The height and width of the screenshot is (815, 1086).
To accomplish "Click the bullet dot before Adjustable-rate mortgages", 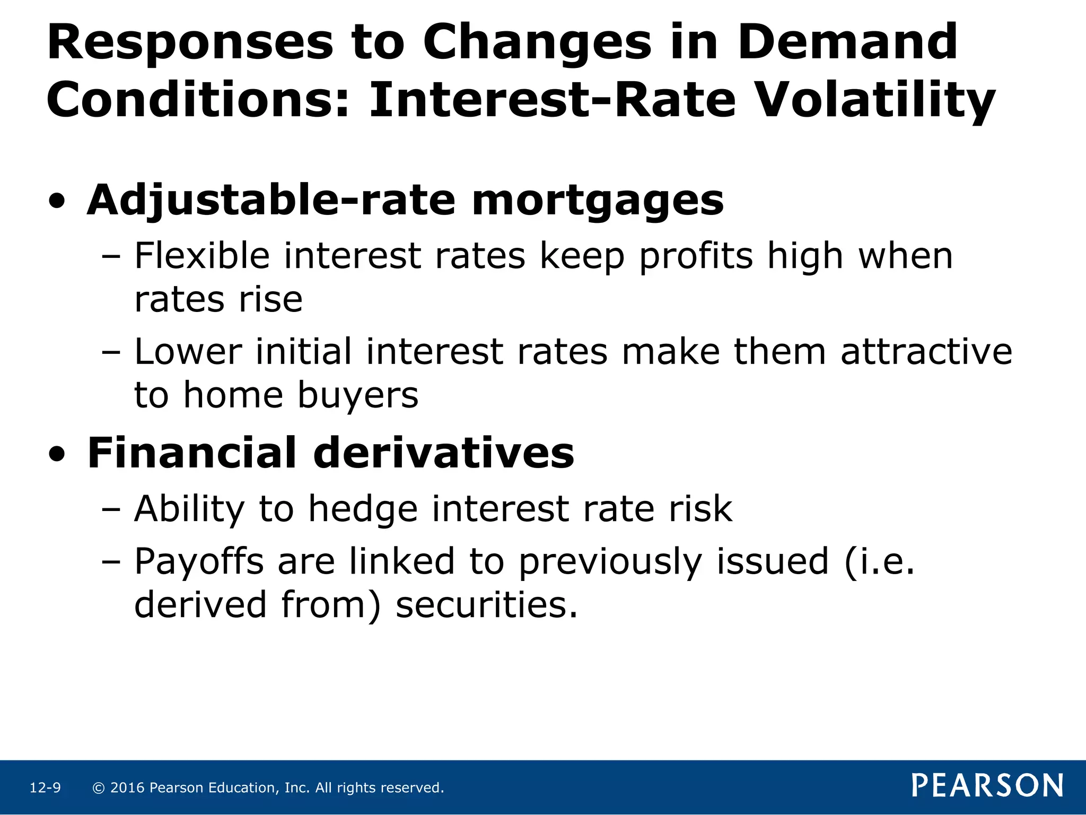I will click(x=57, y=202).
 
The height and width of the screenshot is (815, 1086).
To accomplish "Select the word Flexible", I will click(x=202, y=256).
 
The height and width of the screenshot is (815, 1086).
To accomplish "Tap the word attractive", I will click(x=926, y=352).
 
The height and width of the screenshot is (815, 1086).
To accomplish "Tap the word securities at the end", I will click(x=486, y=605).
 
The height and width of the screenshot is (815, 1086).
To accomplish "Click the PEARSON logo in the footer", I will click(x=987, y=786).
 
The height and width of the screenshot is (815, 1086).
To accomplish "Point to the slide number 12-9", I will click(x=45, y=788).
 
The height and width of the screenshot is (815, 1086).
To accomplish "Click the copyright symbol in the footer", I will click(x=98, y=788).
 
